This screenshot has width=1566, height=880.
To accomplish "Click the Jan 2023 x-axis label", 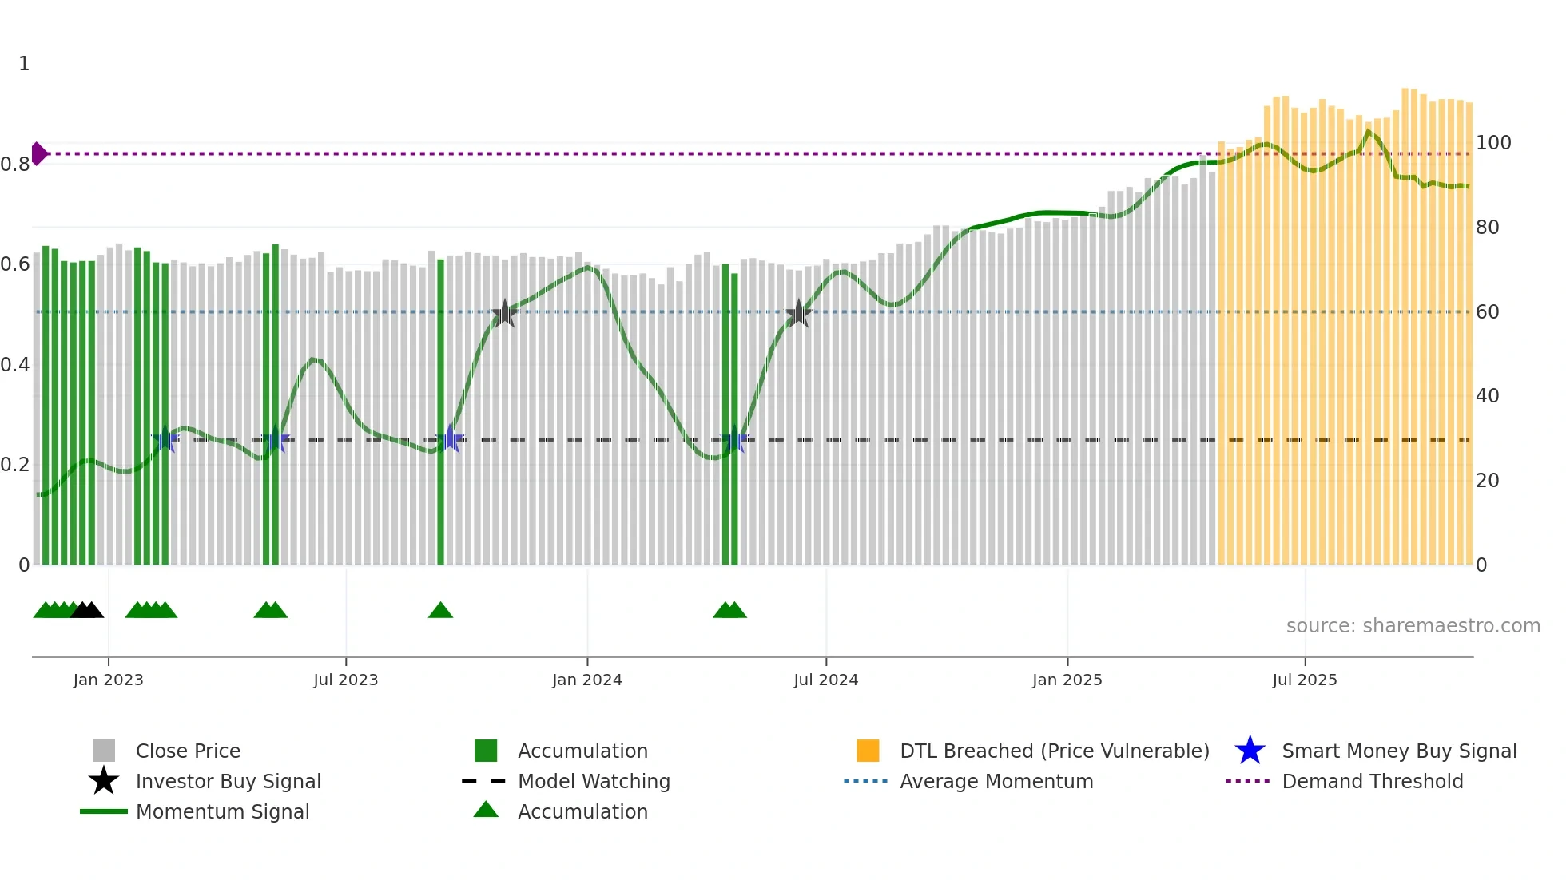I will tap(108, 680).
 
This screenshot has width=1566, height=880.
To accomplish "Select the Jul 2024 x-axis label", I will tap(825, 680).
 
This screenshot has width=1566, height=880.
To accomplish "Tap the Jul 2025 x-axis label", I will tap(1304, 680).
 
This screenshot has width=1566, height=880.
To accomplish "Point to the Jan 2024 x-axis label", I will tap(586, 680).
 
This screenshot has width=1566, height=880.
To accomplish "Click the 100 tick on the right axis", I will tap(1492, 143).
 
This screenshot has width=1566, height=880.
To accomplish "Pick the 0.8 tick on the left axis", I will tap(15, 165).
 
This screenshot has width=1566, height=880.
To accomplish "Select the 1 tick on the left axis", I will tap(24, 64).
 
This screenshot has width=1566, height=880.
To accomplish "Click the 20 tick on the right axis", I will tap(1487, 481).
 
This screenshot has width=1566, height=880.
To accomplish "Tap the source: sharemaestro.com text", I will tap(1413, 626).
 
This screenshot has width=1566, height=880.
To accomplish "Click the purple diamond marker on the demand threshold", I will tap(38, 153).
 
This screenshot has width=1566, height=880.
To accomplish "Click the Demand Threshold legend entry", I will tap(1372, 782).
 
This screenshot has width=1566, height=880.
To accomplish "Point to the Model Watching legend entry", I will tap(593, 782).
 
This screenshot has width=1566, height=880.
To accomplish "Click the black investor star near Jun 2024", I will tap(798, 314).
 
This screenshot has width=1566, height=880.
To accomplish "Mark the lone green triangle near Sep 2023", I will tap(440, 611).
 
